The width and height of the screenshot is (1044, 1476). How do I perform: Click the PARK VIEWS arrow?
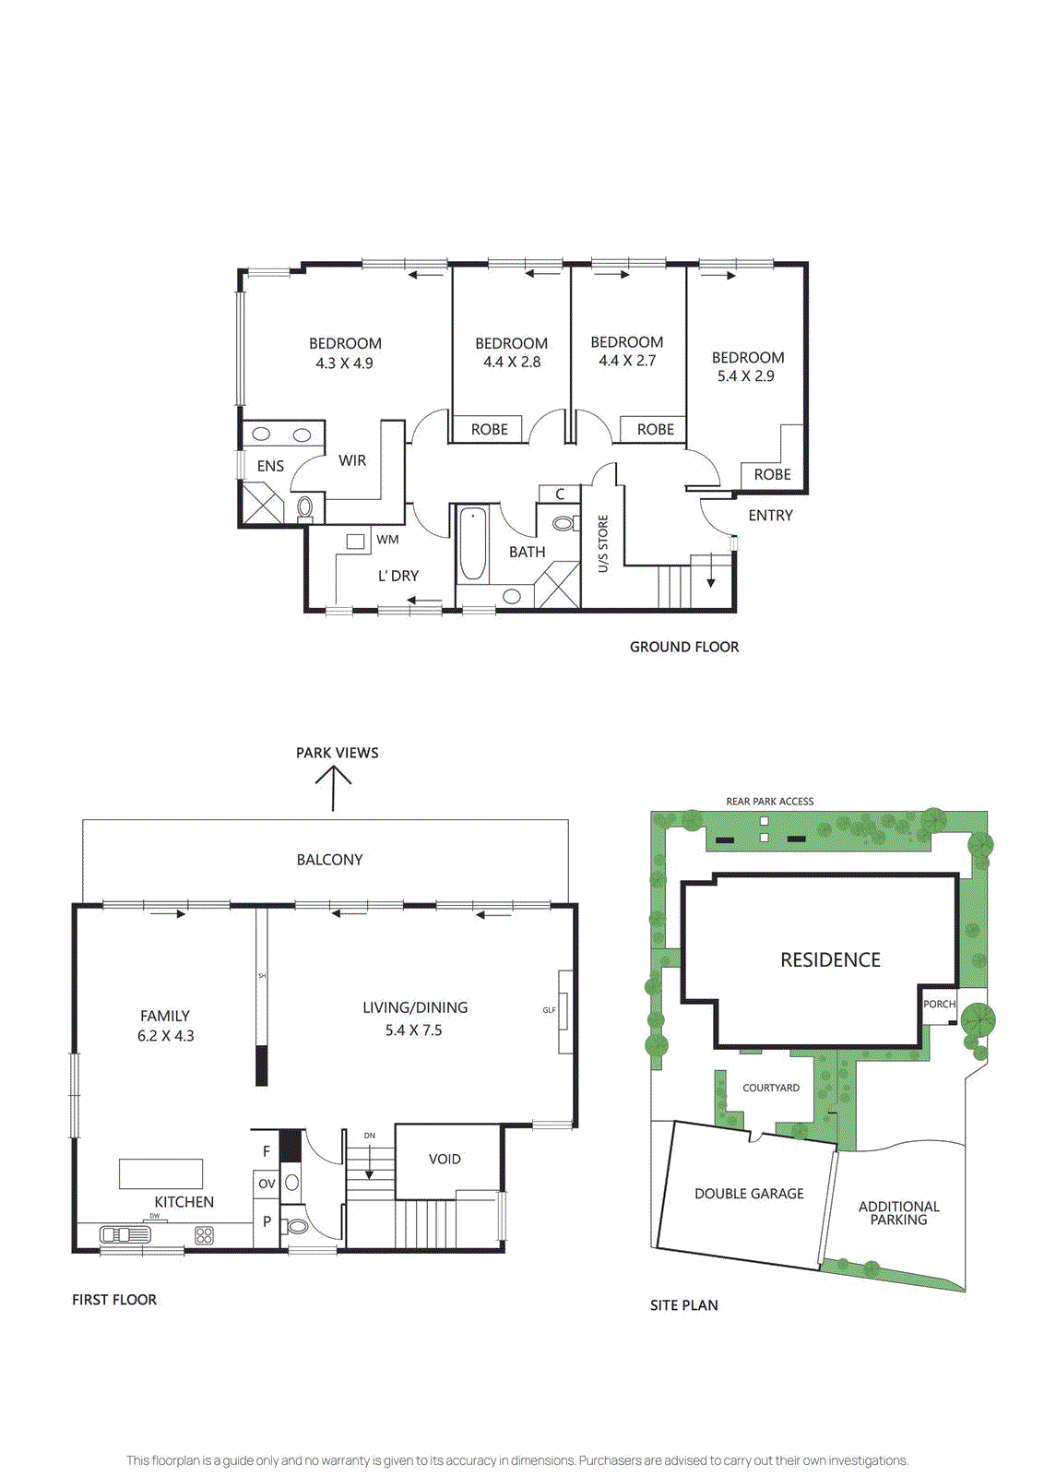point(334,789)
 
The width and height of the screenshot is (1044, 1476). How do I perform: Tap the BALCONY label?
point(329,860)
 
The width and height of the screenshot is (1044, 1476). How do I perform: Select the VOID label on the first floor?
point(445,1159)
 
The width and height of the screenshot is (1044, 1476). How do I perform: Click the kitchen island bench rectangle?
point(160,1173)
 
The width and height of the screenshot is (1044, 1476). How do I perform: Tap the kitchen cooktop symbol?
point(205,1235)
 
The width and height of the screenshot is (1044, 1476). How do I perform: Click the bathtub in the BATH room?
point(473,543)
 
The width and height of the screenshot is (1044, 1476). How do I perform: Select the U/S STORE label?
point(603,544)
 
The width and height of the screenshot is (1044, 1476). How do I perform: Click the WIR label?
point(352,460)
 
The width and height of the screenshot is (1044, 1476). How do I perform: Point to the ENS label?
point(270,466)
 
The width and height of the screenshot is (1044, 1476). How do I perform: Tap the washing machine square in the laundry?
point(355,542)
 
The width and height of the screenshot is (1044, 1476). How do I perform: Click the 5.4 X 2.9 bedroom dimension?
point(746,376)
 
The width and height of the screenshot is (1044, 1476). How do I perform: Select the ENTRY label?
point(770,516)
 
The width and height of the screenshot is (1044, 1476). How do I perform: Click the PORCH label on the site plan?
point(939,1004)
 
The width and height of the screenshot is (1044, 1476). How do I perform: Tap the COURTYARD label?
point(771,1088)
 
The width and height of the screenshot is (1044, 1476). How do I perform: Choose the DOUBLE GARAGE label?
point(749,1194)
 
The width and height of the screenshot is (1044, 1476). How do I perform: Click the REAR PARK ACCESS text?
point(769,802)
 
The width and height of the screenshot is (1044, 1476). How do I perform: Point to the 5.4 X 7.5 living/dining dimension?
point(413,1030)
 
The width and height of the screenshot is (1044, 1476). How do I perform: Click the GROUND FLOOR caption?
point(684,648)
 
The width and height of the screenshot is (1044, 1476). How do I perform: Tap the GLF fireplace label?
point(549,1010)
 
